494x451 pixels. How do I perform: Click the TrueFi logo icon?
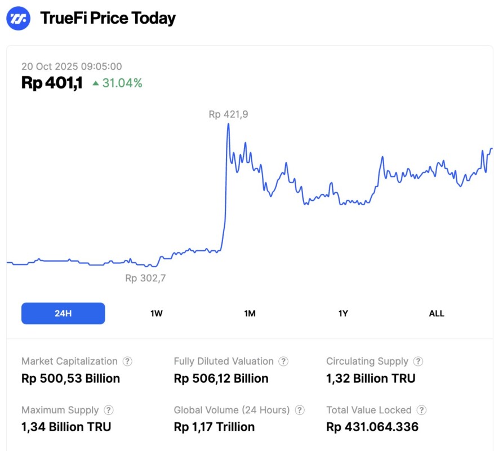pyautogui.click(x=18, y=18)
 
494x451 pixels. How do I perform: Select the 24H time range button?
pyautogui.click(x=63, y=313)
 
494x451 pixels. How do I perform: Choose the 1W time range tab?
pyautogui.click(x=157, y=313)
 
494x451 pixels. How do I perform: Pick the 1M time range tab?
pyautogui.click(x=250, y=313)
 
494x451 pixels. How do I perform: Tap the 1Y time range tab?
pyautogui.click(x=343, y=313)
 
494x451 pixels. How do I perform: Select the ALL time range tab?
pyautogui.click(x=437, y=313)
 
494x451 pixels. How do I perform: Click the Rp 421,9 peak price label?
pyautogui.click(x=228, y=114)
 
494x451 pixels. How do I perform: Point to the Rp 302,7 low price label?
pyautogui.click(x=145, y=278)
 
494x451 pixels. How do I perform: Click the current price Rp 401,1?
pyautogui.click(x=52, y=83)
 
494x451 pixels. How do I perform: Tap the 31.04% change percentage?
pyautogui.click(x=122, y=83)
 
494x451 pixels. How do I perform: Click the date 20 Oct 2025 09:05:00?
pyautogui.click(x=72, y=67)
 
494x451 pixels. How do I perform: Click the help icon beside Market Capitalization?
pyautogui.click(x=128, y=361)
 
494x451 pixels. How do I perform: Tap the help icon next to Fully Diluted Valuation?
pyautogui.click(x=284, y=361)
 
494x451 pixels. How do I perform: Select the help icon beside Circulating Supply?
pyautogui.click(x=418, y=361)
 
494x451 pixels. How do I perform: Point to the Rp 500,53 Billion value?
pyautogui.click(x=70, y=378)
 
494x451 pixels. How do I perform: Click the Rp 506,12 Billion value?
pyautogui.click(x=221, y=378)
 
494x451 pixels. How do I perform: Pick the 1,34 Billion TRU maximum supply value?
pyautogui.click(x=66, y=427)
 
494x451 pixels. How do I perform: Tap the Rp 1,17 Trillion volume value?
pyautogui.click(x=214, y=427)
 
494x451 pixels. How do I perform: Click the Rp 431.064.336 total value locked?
pyautogui.click(x=372, y=427)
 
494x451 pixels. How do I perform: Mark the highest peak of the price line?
pyautogui.click(x=228, y=124)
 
